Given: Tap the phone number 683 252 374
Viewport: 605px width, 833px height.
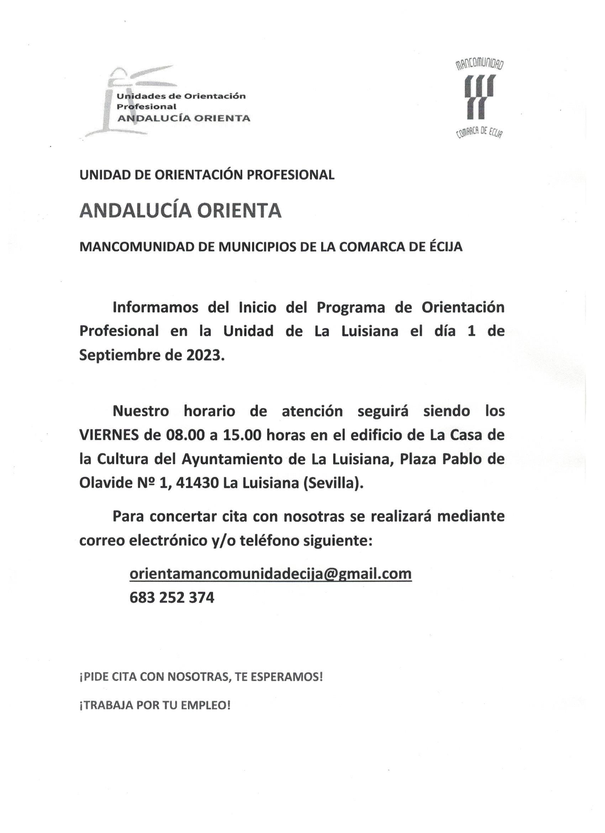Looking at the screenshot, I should click(x=172, y=598).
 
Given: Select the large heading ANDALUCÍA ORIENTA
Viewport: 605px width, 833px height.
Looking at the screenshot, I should click(x=180, y=211).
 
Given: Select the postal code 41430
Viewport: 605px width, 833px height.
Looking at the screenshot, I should click(x=197, y=483).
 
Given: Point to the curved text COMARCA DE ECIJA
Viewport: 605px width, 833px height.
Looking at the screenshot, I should click(x=479, y=133).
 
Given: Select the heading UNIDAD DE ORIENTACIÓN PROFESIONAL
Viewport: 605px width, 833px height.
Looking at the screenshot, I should click(x=207, y=175).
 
